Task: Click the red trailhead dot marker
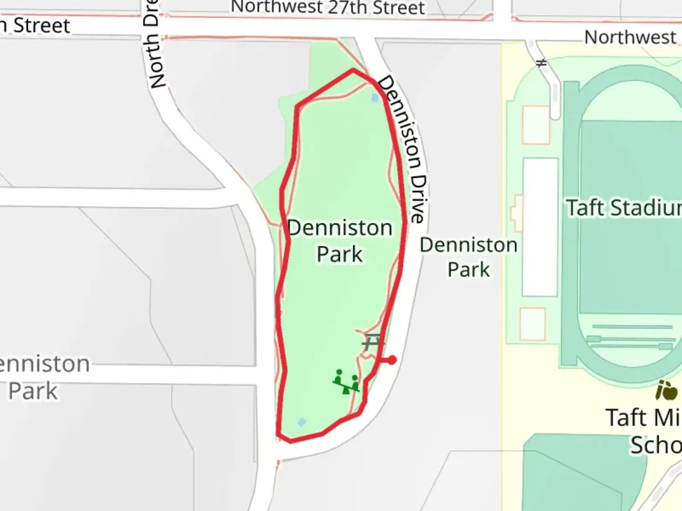392,360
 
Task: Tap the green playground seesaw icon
346,382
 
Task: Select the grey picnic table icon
372,342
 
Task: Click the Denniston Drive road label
403,149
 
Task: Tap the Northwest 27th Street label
328,8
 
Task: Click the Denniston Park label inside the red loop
340,241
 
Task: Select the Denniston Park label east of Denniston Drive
468,257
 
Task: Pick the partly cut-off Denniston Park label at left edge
43,377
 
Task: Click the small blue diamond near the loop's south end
302,422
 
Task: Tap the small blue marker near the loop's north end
376,98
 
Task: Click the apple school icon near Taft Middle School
666,391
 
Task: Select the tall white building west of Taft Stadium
540,227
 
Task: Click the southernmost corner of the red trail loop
290,441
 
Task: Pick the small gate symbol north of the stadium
541,62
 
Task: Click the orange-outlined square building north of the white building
536,125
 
